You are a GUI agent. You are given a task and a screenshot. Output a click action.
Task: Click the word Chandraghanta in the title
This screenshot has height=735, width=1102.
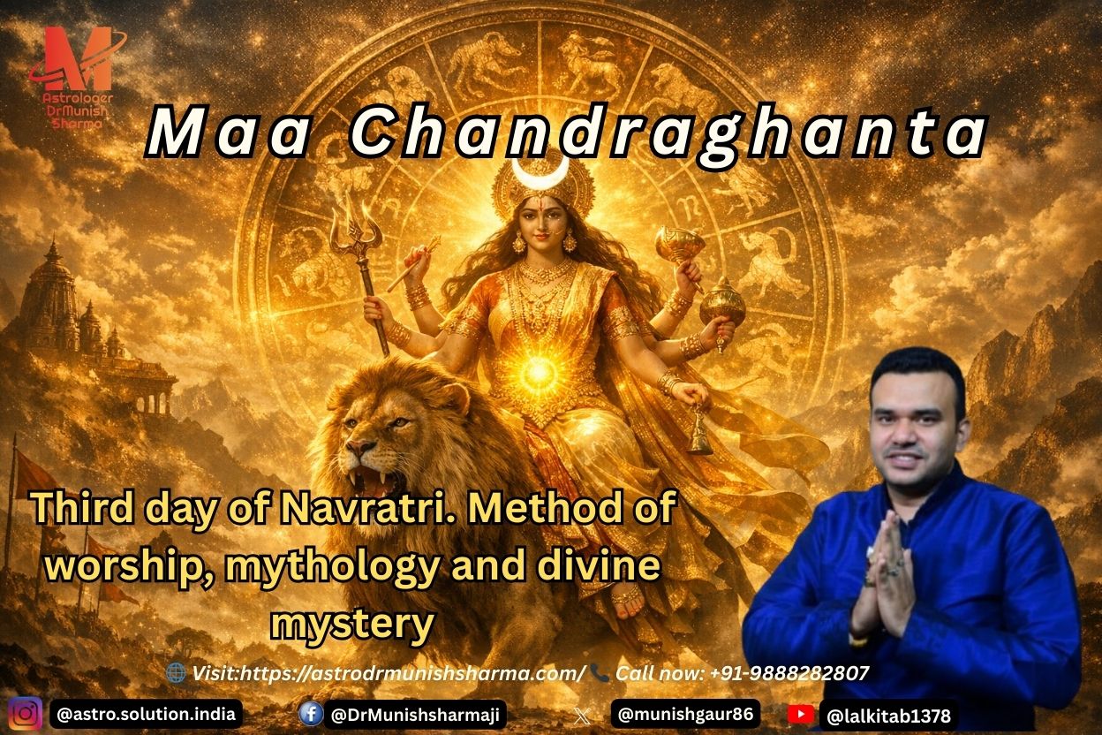667,134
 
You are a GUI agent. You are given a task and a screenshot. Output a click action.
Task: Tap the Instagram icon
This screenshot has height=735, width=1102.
26,712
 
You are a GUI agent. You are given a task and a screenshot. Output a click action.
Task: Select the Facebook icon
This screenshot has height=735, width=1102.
311,713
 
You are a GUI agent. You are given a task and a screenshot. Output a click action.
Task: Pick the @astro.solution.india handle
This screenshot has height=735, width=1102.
146,713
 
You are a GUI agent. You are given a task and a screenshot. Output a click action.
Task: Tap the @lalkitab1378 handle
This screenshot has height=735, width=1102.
887,715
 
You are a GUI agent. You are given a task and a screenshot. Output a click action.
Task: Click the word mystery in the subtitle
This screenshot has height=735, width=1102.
352,624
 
